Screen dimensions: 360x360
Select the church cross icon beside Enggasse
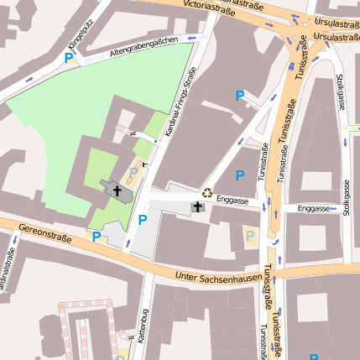point(199,206)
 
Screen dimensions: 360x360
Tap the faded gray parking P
point(133,174)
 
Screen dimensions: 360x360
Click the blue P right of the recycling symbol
point(239,175)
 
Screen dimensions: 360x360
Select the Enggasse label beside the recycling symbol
point(232,200)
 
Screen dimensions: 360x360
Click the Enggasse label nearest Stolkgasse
point(314,207)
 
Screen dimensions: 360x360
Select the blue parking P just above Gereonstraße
point(97,237)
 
